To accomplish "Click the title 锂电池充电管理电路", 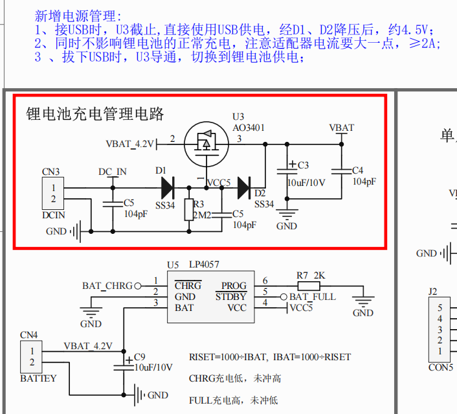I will tap(95, 115).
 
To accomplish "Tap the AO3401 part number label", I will tap(249, 128).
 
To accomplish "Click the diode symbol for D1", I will tap(167, 188).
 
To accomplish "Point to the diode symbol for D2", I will tap(244, 188).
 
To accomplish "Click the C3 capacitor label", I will tap(303, 165).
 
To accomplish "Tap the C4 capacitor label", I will tap(358, 170).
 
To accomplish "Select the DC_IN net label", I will tap(112, 172).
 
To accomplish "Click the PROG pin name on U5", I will tap(234, 285).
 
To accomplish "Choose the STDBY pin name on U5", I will tap(230, 297).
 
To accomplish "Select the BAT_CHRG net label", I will tap(107, 285).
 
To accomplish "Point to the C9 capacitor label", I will tap(140, 357).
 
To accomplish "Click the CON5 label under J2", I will tap(440, 367).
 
